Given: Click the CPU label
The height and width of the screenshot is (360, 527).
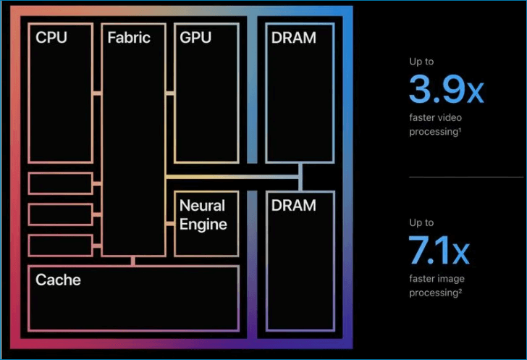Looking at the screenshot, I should (51, 37).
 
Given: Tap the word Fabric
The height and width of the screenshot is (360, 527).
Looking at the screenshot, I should (129, 37).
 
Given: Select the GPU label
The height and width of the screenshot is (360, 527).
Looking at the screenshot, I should (195, 37).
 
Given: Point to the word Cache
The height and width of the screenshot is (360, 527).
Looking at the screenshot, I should (58, 280).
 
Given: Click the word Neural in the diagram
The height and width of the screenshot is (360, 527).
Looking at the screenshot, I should (202, 206).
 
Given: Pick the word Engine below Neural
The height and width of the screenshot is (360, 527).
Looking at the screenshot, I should (203, 224).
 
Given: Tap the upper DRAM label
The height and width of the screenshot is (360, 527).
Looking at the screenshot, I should (294, 37).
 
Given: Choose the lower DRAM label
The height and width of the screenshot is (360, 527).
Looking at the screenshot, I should (294, 206).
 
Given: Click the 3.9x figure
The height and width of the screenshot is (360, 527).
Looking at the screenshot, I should (445, 90).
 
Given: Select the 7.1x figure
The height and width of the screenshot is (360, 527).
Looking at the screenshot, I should (439, 251).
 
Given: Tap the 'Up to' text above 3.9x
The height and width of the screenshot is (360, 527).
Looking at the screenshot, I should (421, 62).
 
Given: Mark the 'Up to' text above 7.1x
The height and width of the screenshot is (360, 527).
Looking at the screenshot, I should (421, 223).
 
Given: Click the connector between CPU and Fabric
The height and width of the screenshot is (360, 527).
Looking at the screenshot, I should (97, 93).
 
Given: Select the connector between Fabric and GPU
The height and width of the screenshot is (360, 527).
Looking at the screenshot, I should (169, 93).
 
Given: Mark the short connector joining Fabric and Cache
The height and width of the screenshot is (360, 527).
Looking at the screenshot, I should (133, 261).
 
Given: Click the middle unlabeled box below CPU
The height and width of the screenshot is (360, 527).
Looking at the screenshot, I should (60, 214).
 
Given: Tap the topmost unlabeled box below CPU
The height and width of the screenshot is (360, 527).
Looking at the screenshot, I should (60, 183).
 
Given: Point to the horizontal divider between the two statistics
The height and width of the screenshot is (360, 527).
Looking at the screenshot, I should (465, 176).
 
